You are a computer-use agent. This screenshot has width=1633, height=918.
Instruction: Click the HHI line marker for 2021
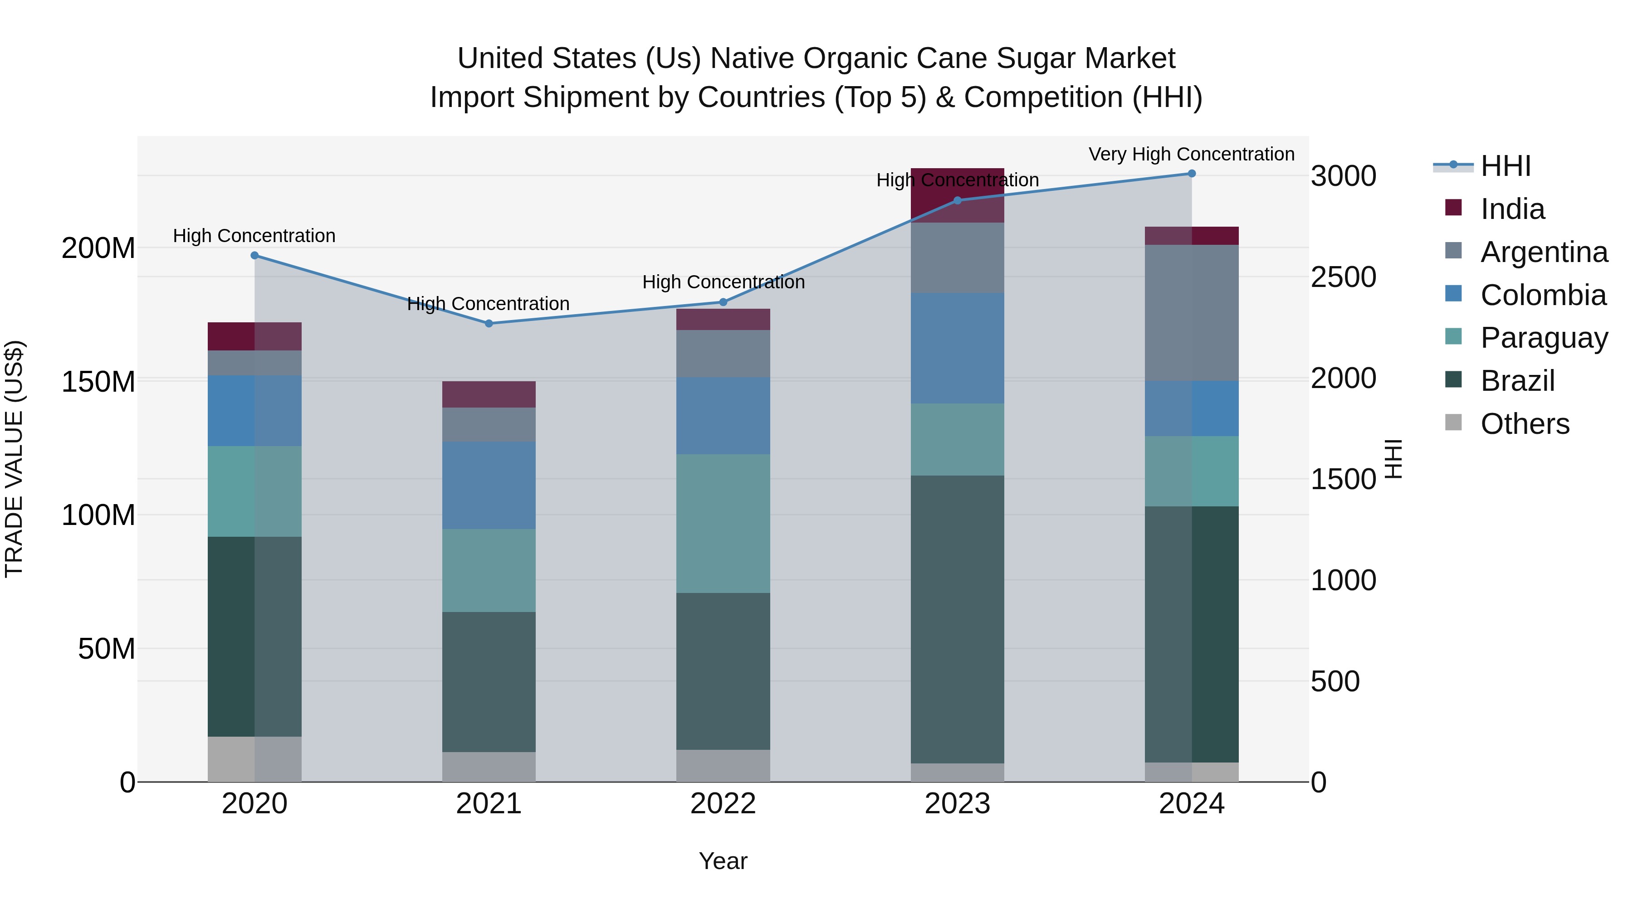(x=489, y=324)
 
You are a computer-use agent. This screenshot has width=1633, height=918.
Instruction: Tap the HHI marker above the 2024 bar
(x=1192, y=174)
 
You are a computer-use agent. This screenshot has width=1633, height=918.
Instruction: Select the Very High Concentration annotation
(x=1191, y=155)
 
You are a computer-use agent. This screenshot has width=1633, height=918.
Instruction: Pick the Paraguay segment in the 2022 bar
(x=724, y=523)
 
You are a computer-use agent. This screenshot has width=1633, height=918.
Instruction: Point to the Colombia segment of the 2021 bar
(x=489, y=485)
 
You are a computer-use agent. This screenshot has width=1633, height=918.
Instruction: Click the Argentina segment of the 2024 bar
(x=1192, y=313)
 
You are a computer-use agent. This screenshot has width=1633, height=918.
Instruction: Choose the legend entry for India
(x=1512, y=209)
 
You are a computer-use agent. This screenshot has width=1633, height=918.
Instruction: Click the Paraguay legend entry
(x=1544, y=338)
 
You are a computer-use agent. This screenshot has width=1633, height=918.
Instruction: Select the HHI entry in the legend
(x=1505, y=166)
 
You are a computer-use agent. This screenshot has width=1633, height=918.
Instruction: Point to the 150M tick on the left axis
(x=98, y=382)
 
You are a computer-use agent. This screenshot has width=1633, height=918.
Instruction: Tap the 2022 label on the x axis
(x=724, y=804)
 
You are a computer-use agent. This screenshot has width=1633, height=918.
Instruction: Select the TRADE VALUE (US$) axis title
(x=14, y=459)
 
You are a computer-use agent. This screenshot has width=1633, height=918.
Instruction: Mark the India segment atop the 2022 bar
(x=724, y=320)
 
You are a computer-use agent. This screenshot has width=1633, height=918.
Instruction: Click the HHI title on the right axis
(x=1393, y=459)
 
